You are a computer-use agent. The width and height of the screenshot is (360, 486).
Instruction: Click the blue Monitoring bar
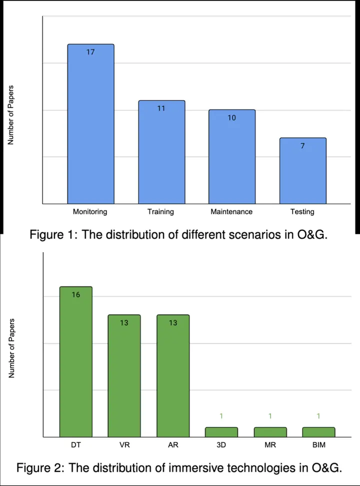pos(91,124)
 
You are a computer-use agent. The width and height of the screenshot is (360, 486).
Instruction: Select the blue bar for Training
pos(161,152)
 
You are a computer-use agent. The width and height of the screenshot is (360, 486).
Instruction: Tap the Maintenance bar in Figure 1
pos(232,157)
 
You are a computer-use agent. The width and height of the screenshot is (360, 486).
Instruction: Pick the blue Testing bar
pos(303,171)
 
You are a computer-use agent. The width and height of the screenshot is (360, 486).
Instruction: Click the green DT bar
pos(76,362)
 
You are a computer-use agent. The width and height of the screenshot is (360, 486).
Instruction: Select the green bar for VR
pos(124,376)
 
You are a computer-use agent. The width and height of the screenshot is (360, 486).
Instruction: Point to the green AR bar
pos(173,376)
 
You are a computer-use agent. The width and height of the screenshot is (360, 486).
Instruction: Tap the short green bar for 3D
pos(221,432)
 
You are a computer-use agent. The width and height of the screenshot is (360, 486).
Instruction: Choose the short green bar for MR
pos(270,432)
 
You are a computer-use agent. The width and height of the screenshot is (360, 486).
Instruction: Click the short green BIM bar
pos(318,432)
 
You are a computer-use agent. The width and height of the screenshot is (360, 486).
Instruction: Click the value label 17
pos(90,52)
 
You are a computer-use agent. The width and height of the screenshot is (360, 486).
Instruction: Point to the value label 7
pos(302,146)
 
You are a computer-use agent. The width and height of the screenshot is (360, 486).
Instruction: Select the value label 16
pos(75,295)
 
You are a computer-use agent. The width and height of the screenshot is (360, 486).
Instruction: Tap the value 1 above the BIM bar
pos(318,416)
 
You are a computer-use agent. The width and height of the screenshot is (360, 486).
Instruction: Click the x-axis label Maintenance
pos(231,212)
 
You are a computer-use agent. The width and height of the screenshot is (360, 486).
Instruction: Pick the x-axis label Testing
pos(302,212)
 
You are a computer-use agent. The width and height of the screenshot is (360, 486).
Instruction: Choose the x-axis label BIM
pos(318,445)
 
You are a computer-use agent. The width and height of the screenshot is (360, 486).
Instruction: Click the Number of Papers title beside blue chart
pos(10,115)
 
